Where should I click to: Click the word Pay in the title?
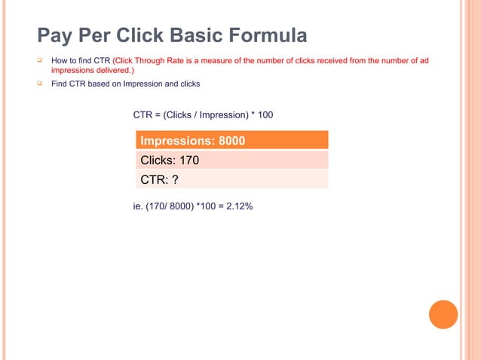[55, 35]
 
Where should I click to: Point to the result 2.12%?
[239, 203]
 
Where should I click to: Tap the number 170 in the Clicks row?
[188, 160]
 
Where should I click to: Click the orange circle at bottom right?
[443, 314]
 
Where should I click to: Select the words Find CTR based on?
[84, 84]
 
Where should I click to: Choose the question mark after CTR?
[175, 178]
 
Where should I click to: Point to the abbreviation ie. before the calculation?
[138, 203]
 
